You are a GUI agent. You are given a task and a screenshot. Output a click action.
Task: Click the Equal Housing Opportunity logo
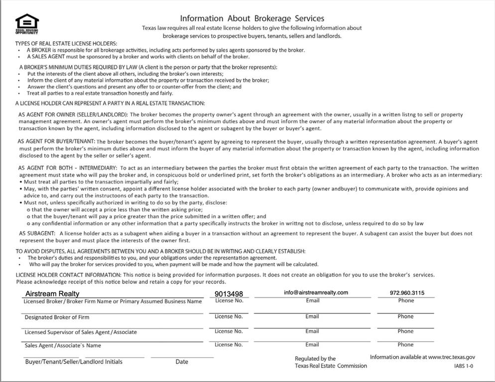(27, 23)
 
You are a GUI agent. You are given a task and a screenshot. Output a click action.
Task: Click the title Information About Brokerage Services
(252, 18)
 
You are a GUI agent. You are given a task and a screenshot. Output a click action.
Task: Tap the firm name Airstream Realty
(52, 293)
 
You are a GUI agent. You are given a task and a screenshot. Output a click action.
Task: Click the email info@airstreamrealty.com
(316, 292)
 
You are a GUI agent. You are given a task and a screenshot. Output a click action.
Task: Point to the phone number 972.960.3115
(407, 293)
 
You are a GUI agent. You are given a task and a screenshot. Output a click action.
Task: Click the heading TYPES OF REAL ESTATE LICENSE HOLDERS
(66, 44)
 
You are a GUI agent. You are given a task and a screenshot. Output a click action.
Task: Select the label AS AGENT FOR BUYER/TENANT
(56, 142)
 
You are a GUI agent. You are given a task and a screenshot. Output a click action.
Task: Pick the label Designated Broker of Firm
(57, 317)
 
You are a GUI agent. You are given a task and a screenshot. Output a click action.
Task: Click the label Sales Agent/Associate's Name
(63, 345)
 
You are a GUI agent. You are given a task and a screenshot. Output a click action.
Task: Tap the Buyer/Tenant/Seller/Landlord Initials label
(74, 362)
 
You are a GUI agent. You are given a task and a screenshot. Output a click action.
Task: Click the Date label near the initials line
(182, 362)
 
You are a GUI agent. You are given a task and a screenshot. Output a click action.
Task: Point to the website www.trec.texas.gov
(451, 357)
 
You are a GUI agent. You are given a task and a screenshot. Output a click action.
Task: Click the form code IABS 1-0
(464, 366)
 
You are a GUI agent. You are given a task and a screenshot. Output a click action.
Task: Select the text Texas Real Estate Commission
(331, 366)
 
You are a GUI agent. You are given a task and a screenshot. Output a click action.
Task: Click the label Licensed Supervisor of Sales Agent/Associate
(81, 332)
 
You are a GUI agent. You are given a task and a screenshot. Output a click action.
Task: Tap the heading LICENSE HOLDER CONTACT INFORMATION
(68, 275)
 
